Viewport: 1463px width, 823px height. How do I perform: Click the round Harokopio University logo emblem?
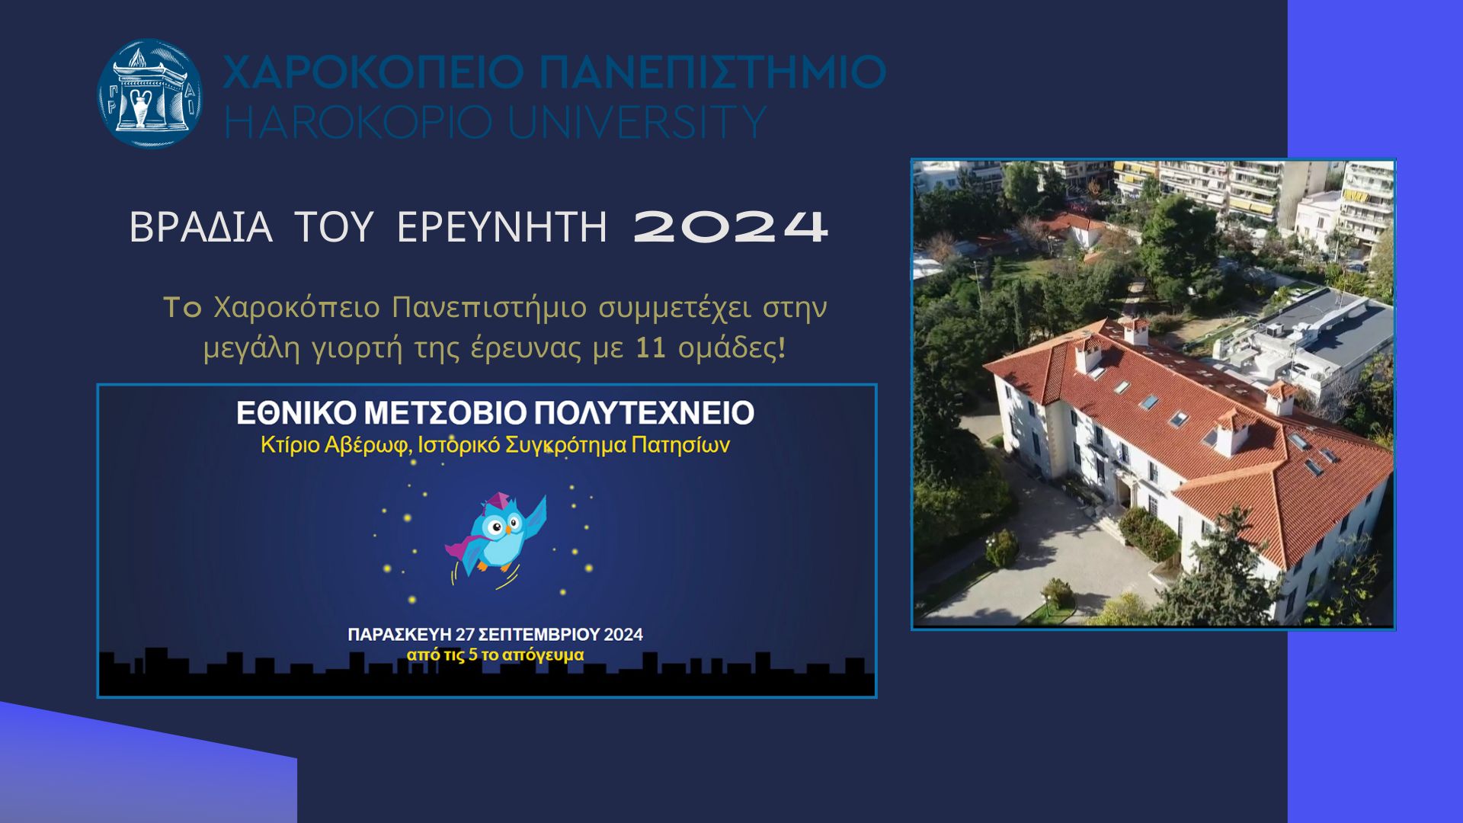pos(150,93)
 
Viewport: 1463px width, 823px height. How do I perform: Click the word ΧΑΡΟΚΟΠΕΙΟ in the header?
pos(373,72)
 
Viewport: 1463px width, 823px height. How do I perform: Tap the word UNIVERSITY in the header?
pos(637,122)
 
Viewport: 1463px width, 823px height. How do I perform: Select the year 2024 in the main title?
pos(731,227)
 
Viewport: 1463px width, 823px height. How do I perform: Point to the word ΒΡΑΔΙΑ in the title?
pos(200,227)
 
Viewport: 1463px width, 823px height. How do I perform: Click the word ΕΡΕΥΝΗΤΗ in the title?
pos(502,227)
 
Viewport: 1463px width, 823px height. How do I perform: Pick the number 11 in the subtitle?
pos(651,347)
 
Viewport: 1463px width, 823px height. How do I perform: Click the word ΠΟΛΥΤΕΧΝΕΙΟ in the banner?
pos(644,413)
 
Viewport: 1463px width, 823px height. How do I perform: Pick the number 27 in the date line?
pos(465,635)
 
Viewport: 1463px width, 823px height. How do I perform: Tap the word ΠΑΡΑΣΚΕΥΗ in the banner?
pos(400,635)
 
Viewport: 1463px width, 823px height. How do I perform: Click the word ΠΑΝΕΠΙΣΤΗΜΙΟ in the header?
pos(712,72)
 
